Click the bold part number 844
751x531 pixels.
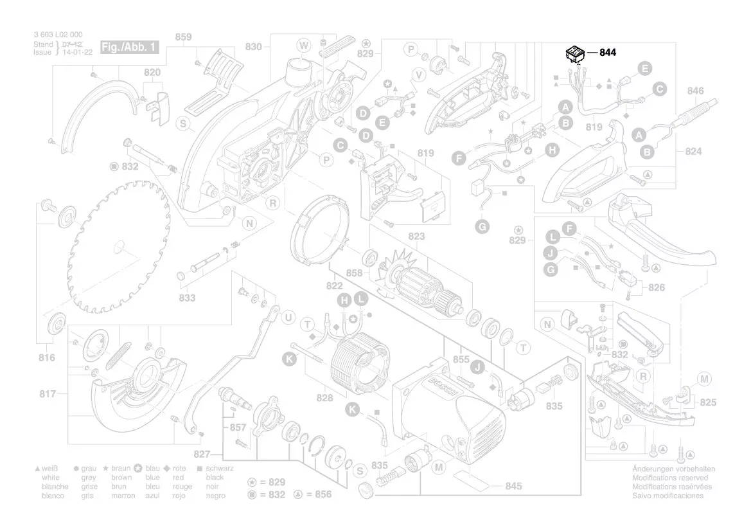tap(607, 53)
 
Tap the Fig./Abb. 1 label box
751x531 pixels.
tap(128, 48)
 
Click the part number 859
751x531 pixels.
tap(183, 37)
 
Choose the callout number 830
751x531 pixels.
tap(254, 46)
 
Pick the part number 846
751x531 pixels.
tap(696, 91)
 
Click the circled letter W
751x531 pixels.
tap(303, 44)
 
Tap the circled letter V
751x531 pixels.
tap(419, 75)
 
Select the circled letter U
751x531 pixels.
tap(288, 318)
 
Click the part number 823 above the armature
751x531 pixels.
tap(416, 237)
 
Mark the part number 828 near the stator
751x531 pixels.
tap(324, 399)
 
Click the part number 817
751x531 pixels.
tap(47, 393)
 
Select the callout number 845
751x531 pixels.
tap(513, 486)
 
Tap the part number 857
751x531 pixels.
tap(238, 427)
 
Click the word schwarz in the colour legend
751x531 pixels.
tap(220, 469)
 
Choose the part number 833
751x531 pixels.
tap(187, 298)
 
